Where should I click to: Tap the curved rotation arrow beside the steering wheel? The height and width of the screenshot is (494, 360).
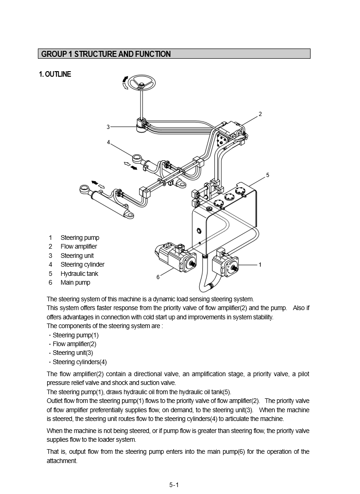click(x=125, y=84)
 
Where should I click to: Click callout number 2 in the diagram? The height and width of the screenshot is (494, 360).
click(x=260, y=114)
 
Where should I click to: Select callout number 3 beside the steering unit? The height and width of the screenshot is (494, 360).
click(x=108, y=127)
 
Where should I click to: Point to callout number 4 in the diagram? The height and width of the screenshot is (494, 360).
click(x=109, y=142)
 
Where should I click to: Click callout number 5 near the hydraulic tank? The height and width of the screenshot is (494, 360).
click(x=268, y=175)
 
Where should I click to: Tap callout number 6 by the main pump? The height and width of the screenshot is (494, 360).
click(x=158, y=277)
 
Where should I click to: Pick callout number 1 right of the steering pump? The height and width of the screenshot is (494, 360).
click(x=260, y=265)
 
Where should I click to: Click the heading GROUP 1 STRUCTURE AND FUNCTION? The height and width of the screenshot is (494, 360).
click(x=106, y=54)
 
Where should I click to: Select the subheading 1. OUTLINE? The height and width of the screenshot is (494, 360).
click(x=55, y=74)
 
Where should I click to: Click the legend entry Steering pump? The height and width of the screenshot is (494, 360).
click(x=79, y=238)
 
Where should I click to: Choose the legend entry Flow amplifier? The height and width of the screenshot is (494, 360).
click(x=79, y=247)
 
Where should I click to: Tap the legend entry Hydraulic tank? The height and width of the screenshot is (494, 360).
click(x=79, y=274)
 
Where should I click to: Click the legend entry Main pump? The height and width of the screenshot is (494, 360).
click(x=75, y=282)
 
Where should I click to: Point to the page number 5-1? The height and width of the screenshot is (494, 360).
click(x=174, y=485)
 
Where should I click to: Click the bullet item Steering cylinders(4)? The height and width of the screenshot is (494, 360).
click(x=79, y=362)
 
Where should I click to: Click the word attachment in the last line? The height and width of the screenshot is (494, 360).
click(x=62, y=461)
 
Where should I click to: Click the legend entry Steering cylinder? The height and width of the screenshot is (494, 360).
click(x=82, y=265)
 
